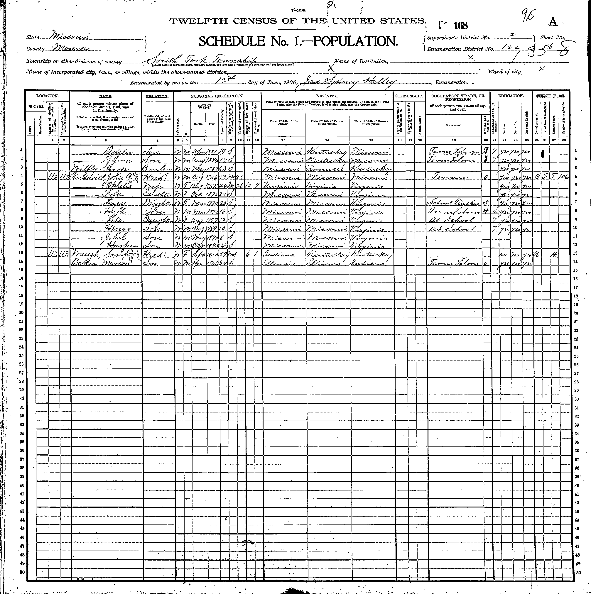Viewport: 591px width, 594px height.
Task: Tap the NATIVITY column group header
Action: (327, 96)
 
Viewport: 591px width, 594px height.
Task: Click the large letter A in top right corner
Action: (553, 22)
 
